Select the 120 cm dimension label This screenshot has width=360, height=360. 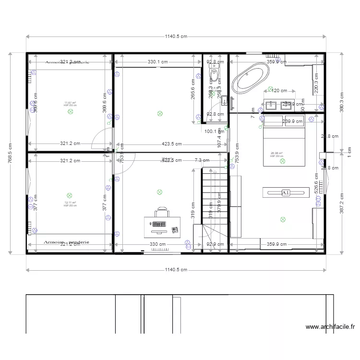pyautogui.click(x=277, y=90)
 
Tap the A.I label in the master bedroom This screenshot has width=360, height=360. pyautogui.click(x=286, y=192)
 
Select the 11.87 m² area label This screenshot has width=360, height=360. pyautogui.click(x=70, y=103)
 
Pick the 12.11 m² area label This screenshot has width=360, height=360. pyautogui.click(x=70, y=203)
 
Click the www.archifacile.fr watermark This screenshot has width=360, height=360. pyautogui.click(x=330, y=328)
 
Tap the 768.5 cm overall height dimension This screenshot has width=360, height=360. pyautogui.click(x=10, y=153)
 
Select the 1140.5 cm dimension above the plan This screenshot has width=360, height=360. pyautogui.click(x=176, y=36)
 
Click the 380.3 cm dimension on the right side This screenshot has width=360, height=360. pyautogui.click(x=341, y=101)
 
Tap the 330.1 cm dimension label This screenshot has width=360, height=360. pyautogui.click(x=158, y=62)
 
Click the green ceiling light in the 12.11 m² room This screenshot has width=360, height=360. pyautogui.click(x=70, y=195)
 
